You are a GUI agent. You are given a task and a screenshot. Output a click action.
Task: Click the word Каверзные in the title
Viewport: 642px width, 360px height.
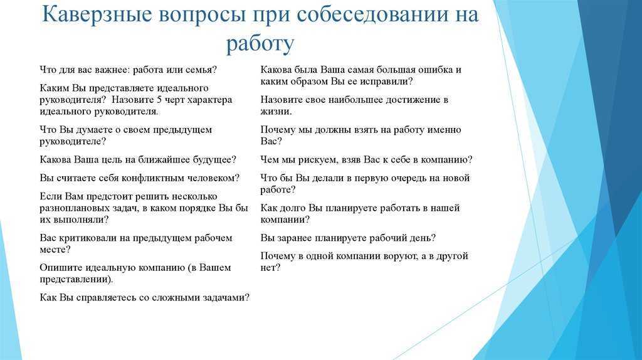[97, 15]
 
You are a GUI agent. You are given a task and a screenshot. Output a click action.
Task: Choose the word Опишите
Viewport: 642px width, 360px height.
[61, 268]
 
